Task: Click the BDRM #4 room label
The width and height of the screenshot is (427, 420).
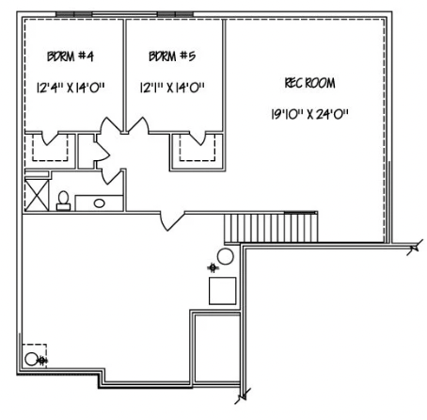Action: point(70,57)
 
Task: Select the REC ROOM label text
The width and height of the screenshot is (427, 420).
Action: point(308,84)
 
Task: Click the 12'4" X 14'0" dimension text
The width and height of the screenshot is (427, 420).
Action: point(71,90)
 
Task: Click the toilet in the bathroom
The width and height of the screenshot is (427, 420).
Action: point(64,199)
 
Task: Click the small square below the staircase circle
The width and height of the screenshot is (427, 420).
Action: point(222,290)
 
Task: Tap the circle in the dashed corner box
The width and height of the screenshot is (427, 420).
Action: point(32,359)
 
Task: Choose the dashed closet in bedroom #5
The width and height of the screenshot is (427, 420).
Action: point(196,148)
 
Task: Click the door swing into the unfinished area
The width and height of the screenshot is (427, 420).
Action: point(168,219)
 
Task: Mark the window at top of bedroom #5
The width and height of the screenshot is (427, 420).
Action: point(174,14)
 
